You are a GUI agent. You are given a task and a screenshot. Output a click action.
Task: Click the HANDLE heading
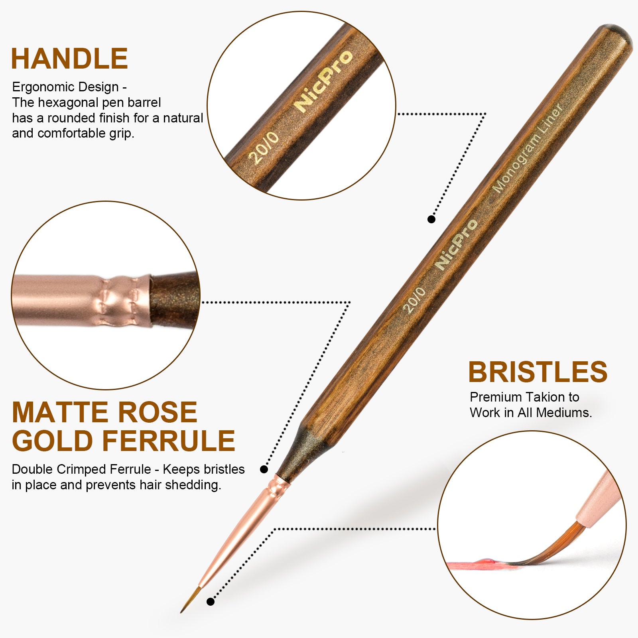69,59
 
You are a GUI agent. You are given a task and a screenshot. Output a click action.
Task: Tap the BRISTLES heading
538,372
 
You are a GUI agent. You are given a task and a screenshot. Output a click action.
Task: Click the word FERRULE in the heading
169,441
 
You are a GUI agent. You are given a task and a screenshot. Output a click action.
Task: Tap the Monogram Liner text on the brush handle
528,148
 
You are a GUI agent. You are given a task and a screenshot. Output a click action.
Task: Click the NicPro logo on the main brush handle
456,244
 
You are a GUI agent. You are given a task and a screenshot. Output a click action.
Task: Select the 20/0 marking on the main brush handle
415,300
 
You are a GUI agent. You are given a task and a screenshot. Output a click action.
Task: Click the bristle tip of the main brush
182,611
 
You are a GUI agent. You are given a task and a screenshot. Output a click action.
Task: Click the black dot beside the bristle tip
211,601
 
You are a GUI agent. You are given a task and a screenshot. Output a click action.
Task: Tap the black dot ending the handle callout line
431,219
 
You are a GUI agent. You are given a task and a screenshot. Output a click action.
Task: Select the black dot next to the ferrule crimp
264,469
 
